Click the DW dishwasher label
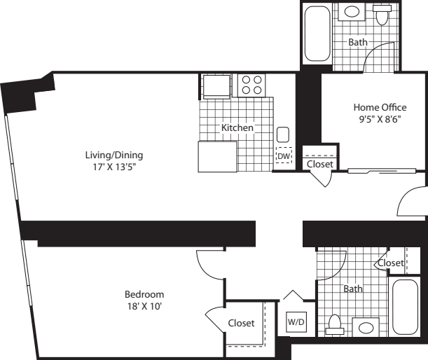(284, 156)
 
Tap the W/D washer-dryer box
(296, 322)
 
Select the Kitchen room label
(237, 127)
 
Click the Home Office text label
(380, 107)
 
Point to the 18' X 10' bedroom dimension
(145, 306)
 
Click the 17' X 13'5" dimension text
(114, 167)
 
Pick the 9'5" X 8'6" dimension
(380, 119)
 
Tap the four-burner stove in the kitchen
(251, 85)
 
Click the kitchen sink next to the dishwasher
(283, 134)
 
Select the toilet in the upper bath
(382, 14)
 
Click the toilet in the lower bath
(335, 325)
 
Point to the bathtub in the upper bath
(317, 34)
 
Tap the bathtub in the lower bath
(405, 307)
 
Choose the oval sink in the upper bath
(352, 12)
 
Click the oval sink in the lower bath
(366, 328)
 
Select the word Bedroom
(144, 294)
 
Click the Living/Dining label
(114, 155)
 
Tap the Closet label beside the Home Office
(320, 164)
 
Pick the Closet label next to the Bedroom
(241, 323)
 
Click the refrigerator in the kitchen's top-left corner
(216, 87)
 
